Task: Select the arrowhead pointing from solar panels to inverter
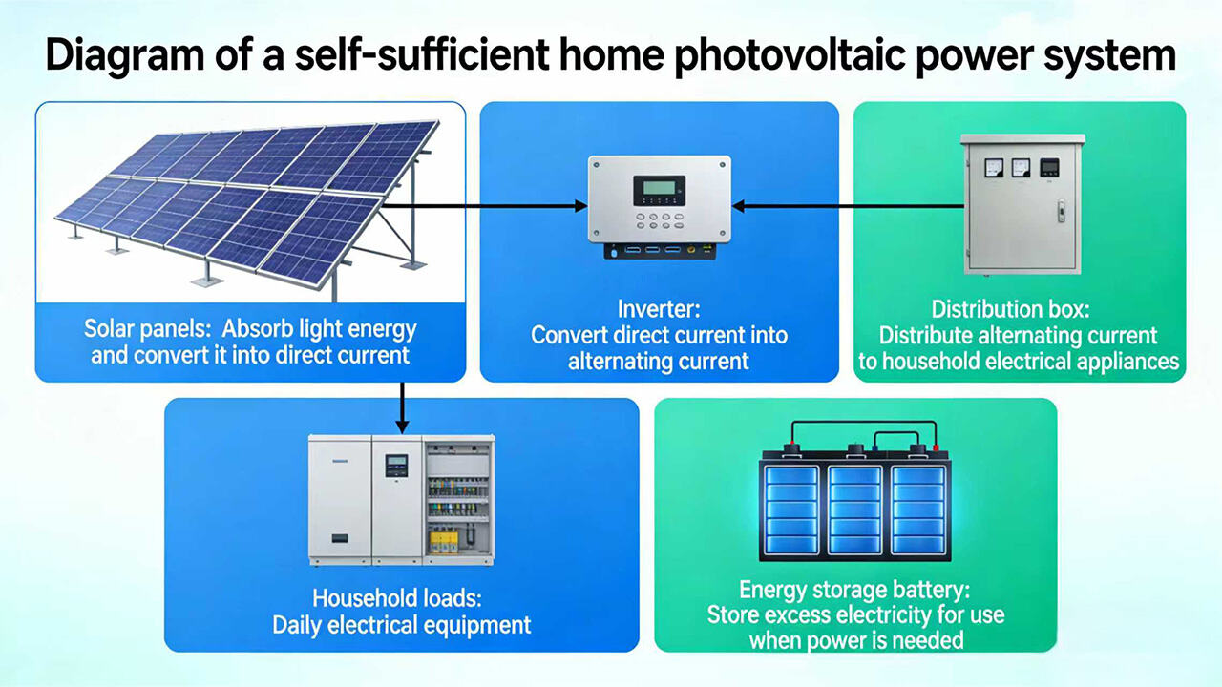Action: [579, 205]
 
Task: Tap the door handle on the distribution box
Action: [1060, 210]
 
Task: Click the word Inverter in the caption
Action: [659, 310]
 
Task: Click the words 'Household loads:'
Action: [401, 599]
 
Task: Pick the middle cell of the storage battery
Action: [854, 510]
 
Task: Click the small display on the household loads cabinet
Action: [396, 466]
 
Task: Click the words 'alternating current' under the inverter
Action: [659, 362]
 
